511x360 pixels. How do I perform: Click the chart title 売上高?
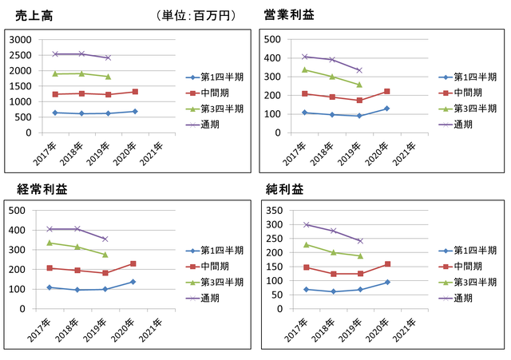pos(34,16)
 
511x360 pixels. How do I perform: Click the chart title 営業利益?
pos(289,14)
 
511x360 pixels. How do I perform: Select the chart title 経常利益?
pos(42,189)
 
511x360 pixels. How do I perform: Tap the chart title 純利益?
pos(284,189)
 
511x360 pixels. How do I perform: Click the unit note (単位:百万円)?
pos(196,15)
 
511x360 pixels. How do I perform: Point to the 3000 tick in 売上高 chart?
pos(20,40)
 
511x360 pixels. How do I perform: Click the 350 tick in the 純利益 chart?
pos(275,211)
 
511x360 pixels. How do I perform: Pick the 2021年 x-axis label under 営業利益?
pos(405,154)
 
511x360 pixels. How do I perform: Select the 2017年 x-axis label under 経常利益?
pos(39,330)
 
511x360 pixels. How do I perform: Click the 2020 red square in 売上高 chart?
pos(135,92)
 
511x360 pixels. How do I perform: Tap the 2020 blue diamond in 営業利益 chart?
pos(386,109)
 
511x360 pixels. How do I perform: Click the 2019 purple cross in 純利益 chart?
pos(360,241)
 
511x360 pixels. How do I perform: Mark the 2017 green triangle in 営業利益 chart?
pos(305,69)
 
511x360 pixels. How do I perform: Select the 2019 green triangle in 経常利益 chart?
pos(105,255)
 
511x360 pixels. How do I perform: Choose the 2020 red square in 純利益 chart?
pos(387,264)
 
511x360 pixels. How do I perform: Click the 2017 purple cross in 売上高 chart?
pos(55,54)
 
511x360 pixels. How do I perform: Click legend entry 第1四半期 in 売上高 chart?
pos(215,77)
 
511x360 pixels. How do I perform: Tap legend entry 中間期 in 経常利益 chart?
pos(208,266)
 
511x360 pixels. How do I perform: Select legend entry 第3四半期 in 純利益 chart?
pos(468,282)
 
